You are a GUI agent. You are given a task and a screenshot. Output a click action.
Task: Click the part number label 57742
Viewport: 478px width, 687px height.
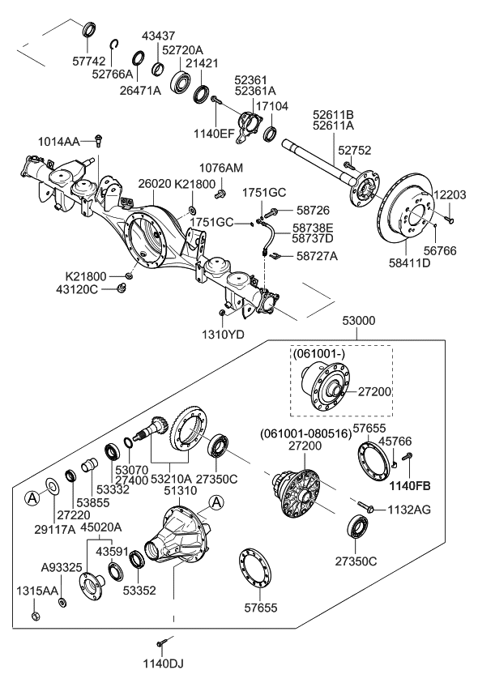[x=89, y=61]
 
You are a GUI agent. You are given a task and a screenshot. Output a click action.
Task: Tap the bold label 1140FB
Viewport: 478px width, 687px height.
[x=410, y=485]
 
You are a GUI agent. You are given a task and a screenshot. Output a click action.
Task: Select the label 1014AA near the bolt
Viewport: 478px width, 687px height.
[x=58, y=142]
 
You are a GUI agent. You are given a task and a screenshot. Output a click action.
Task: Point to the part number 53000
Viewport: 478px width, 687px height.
[x=359, y=321]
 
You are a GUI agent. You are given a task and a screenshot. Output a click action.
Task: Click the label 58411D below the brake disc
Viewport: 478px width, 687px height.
[x=410, y=262]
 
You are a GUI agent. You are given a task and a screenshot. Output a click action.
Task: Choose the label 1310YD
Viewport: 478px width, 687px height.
[x=223, y=335]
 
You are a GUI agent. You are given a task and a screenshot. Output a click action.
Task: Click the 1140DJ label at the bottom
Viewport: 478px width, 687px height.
[x=164, y=664]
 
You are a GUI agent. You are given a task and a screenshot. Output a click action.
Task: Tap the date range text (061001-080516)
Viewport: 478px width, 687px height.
[x=305, y=433]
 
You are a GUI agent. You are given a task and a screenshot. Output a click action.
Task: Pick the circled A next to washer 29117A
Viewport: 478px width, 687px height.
[x=32, y=497]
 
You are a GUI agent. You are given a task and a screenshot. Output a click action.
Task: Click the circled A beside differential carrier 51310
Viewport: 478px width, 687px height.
[x=216, y=502]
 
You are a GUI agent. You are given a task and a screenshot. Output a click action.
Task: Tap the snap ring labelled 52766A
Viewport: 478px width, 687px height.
[x=114, y=45]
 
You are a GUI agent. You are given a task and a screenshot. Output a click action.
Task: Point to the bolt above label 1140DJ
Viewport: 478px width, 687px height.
[x=160, y=642]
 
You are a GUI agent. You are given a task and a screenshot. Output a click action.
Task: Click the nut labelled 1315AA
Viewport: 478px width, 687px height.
[x=36, y=616]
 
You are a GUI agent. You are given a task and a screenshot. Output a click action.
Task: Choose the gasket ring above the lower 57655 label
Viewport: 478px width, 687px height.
[x=255, y=567]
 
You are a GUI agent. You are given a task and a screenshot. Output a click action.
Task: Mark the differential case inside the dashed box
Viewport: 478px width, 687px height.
[x=326, y=386]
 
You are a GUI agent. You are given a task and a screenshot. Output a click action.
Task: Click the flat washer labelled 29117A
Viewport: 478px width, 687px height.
[x=52, y=486]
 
